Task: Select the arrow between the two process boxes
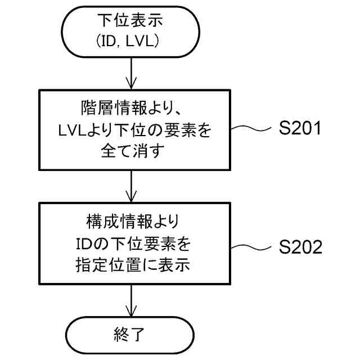pyautogui.click(x=130, y=186)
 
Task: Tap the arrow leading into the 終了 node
pyautogui.click(x=130, y=304)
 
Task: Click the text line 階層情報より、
pyautogui.click(x=130, y=107)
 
